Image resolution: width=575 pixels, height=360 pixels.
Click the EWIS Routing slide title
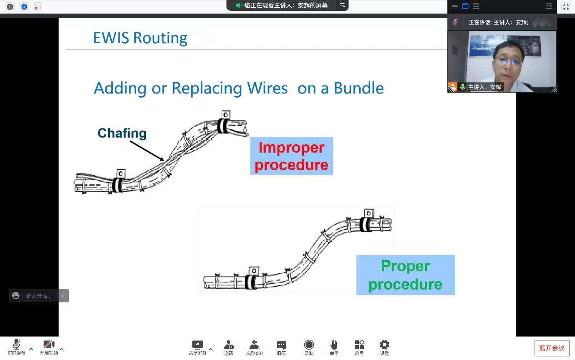140,38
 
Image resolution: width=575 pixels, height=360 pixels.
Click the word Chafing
122,133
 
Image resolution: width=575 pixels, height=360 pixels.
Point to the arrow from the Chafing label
147,151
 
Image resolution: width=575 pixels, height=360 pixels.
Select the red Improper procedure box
291,156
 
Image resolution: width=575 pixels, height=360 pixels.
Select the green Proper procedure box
405,275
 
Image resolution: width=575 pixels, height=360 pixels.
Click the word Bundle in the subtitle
358,88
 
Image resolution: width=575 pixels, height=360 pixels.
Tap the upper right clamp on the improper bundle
223,125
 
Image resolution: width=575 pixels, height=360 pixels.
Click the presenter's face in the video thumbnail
508,61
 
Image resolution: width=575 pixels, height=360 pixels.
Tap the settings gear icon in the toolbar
384,345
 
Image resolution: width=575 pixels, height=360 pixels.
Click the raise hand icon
334,345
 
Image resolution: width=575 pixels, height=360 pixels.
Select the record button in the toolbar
309,345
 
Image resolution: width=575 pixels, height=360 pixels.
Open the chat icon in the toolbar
282,345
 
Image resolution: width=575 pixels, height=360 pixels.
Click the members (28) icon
254,345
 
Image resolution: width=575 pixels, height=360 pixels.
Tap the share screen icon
197,345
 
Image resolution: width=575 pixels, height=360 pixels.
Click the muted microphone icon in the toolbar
16,345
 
